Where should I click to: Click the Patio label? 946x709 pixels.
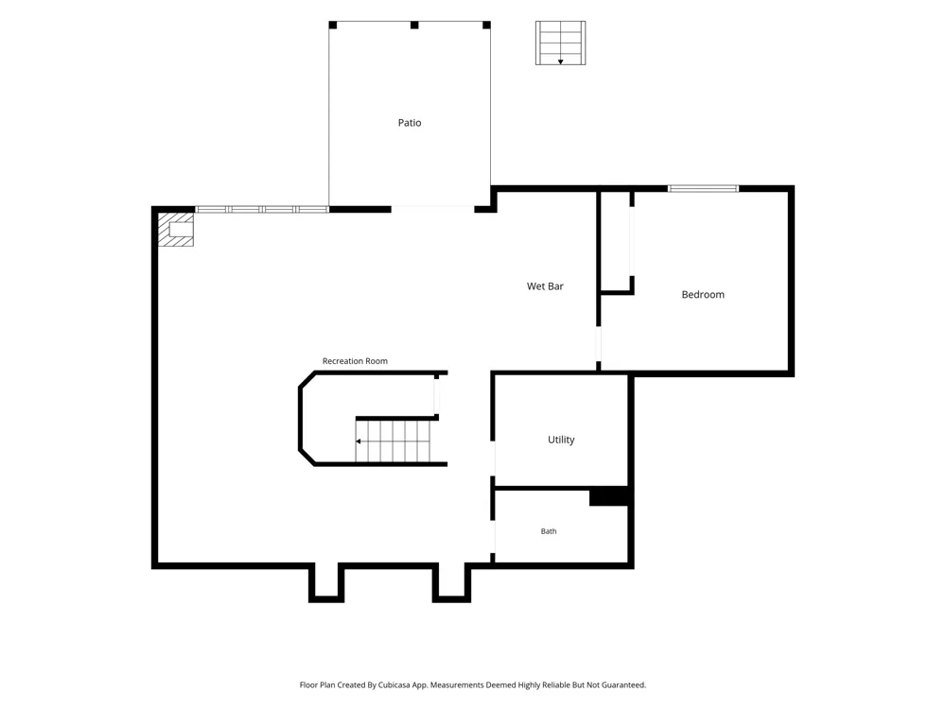point(409,123)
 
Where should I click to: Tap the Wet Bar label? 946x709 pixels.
point(545,286)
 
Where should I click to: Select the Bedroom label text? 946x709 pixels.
point(703,295)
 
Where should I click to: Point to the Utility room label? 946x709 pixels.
point(561,441)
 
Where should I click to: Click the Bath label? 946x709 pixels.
point(549,531)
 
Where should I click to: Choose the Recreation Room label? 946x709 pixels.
point(355,361)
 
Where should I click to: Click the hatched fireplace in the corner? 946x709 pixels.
point(176,229)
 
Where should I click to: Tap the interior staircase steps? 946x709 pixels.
point(393,441)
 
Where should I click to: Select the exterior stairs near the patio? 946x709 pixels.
point(560,43)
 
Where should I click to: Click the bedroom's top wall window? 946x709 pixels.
point(703,189)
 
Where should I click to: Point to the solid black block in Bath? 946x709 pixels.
point(608,497)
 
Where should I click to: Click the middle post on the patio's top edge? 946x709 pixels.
point(414,25)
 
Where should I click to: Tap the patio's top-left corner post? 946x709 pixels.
point(332,25)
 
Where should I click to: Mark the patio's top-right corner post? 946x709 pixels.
point(486,25)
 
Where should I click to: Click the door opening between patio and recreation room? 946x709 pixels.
point(432,209)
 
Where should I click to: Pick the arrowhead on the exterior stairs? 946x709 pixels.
point(560,61)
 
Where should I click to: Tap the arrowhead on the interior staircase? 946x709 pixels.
point(359,441)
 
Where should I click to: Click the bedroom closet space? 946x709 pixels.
point(616,241)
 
